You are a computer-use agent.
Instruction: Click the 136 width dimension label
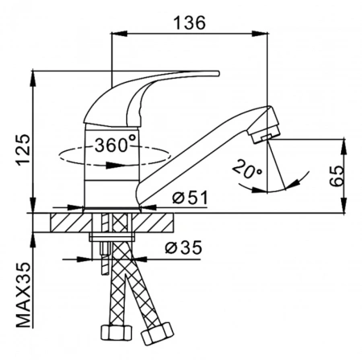(x=190, y=22)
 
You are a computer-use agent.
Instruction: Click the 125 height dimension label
(x=23, y=149)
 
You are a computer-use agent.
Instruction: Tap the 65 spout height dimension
(x=336, y=176)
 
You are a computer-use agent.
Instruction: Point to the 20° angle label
(x=247, y=170)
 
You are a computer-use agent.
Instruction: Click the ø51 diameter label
(x=190, y=198)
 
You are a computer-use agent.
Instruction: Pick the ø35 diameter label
(x=183, y=247)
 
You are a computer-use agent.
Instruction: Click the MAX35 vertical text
(x=23, y=295)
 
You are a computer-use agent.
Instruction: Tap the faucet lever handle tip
(x=217, y=73)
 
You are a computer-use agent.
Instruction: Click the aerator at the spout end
(x=264, y=125)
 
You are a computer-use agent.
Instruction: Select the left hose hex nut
(x=117, y=333)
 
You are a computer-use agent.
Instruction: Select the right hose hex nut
(x=158, y=334)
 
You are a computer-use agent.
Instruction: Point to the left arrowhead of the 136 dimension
(x=119, y=33)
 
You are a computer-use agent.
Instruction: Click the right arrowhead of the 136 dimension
(x=260, y=33)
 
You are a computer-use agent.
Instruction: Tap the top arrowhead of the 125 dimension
(x=33, y=78)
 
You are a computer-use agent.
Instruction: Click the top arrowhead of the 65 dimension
(x=343, y=147)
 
